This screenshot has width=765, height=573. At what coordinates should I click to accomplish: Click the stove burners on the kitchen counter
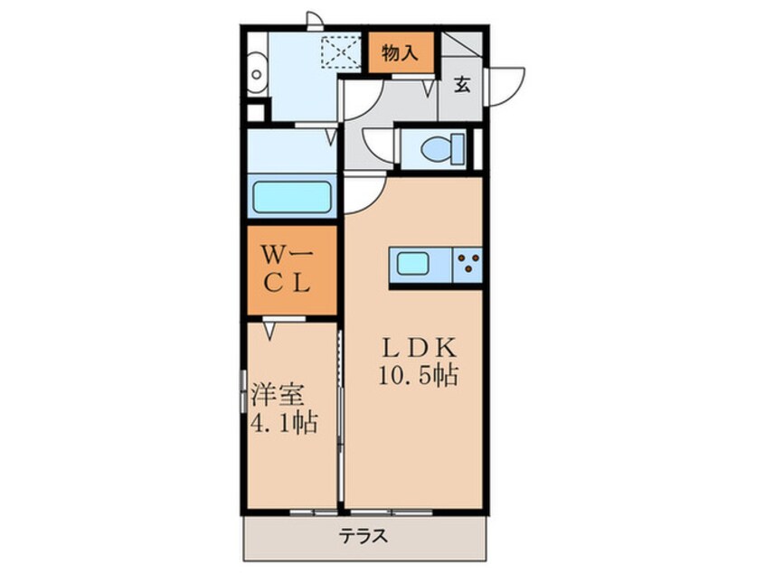coord(467,264)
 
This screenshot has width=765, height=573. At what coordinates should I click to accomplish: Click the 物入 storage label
coord(401,52)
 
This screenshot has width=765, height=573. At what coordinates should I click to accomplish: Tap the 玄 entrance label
coord(462,86)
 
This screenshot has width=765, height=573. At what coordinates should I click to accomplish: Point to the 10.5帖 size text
coord(419,375)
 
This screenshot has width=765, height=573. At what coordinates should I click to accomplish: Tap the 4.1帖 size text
coord(283,422)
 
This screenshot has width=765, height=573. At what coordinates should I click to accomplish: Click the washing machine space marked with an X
coord(341,51)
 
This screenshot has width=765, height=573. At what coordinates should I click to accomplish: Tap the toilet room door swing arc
coord(378,145)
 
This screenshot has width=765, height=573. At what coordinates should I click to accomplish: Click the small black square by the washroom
coord(255,113)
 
